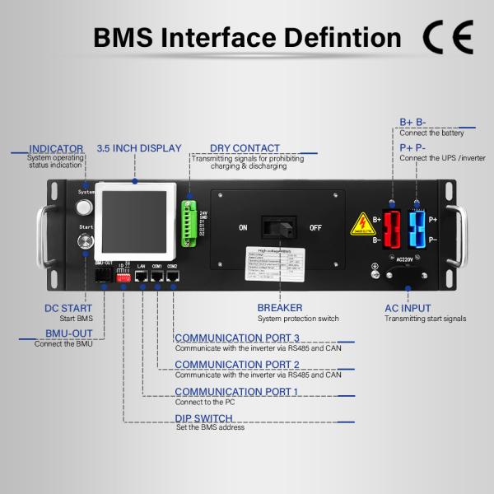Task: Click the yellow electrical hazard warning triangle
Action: coord(362,224)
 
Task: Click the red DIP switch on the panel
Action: coord(124,278)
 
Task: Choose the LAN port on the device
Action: coord(141,277)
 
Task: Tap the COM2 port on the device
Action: coord(172,277)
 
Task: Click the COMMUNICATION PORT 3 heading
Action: coord(236,338)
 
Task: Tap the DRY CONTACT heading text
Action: coord(245,148)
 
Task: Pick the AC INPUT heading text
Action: coord(408,308)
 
